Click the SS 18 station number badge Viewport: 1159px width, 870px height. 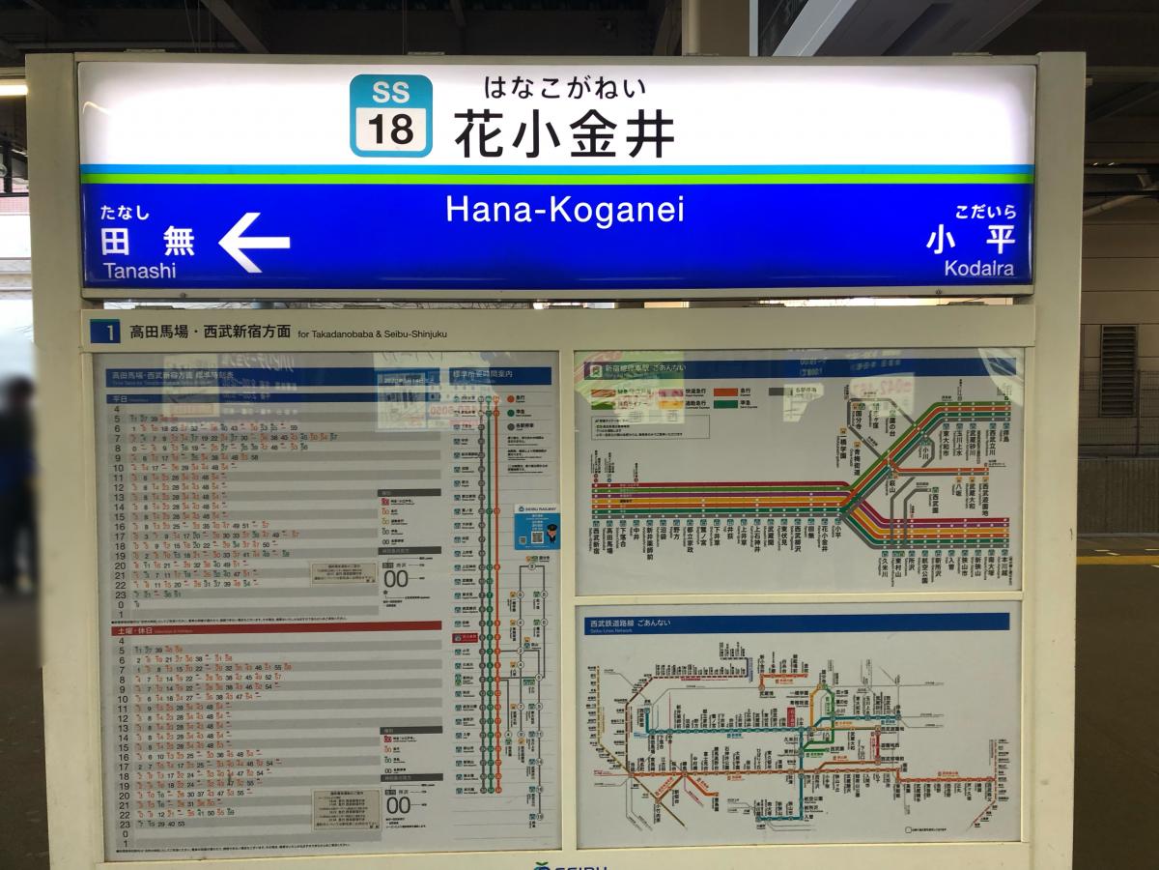click(x=390, y=116)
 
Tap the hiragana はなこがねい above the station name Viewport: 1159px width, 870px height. click(x=564, y=88)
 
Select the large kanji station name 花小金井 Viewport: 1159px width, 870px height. click(x=564, y=133)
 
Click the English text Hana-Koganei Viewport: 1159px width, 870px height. click(x=564, y=210)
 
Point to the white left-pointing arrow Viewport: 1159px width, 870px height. click(x=253, y=242)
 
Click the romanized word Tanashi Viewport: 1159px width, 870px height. click(x=139, y=271)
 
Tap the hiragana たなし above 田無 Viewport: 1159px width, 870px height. click(x=125, y=213)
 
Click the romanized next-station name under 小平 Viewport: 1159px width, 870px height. click(x=978, y=269)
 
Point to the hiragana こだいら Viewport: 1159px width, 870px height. click(x=985, y=212)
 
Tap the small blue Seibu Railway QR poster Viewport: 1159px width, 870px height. click(x=535, y=527)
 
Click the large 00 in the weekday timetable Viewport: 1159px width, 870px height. click(x=397, y=579)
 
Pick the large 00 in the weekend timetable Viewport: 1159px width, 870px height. click(x=398, y=804)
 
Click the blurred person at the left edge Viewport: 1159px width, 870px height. click(x=17, y=483)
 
